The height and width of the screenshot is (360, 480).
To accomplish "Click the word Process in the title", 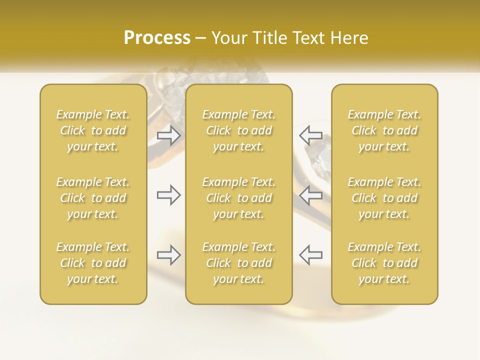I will (x=157, y=38).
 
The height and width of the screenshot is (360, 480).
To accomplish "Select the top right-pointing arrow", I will (x=169, y=135).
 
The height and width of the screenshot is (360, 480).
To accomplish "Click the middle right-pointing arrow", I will (x=169, y=195).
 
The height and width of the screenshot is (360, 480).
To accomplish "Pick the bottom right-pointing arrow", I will (x=169, y=254).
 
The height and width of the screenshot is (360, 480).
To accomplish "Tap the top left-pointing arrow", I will (x=310, y=135).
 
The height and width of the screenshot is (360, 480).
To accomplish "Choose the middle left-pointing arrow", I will (x=310, y=195).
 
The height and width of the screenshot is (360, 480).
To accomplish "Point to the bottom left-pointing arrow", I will (x=310, y=254).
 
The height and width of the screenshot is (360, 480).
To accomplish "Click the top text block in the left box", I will (x=93, y=130).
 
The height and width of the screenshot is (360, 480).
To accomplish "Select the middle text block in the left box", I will (x=93, y=198).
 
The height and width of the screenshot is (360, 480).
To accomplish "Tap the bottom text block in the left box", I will (x=93, y=263).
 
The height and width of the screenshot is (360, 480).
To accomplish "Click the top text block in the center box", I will (x=238, y=130).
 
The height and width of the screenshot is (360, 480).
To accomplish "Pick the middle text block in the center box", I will (x=238, y=198).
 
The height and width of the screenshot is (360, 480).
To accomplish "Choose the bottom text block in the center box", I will (x=238, y=263).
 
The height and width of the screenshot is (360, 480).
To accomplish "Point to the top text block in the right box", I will (x=384, y=130).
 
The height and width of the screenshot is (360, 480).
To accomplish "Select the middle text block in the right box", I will (x=384, y=198).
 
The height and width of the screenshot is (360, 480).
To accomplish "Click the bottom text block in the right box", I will (x=384, y=263).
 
